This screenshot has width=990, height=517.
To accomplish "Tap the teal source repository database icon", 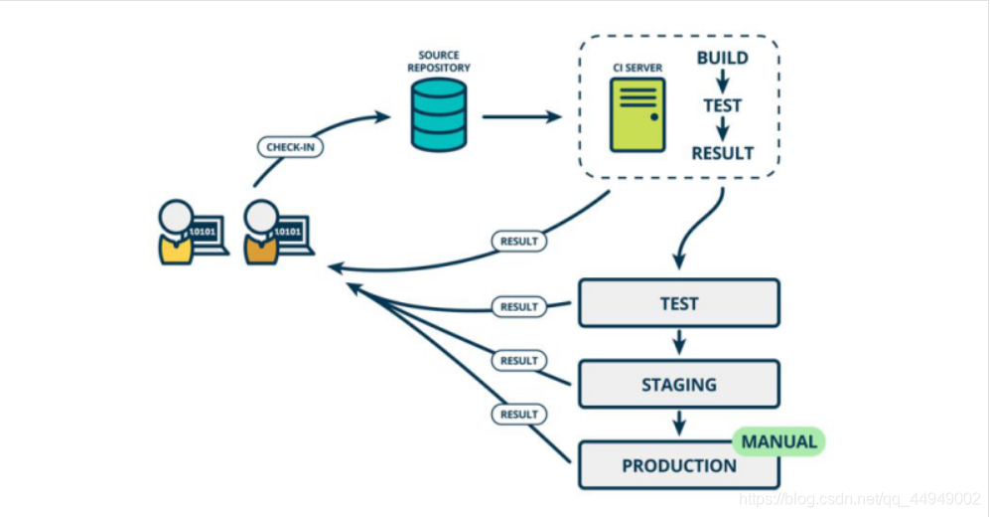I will point(438,114).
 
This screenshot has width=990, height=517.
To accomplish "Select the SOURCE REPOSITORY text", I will point(438,61).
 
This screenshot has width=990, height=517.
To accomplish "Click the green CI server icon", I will point(637,115).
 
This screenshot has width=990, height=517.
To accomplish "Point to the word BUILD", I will point(723,59).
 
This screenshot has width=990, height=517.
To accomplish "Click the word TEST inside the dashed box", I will point(723,105).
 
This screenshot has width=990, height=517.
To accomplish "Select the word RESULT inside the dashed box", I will point(723,153).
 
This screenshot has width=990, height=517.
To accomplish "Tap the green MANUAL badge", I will point(779,441).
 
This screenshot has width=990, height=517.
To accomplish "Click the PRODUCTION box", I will point(679,465).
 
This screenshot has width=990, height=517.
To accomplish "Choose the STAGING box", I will point(679,384).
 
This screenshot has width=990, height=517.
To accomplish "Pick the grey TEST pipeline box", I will point(679,303).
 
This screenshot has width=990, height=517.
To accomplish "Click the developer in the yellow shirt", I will point(177,233).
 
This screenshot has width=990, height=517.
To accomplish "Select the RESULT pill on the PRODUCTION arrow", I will point(518,415).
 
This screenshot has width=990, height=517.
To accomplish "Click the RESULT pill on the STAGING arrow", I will point(518,361).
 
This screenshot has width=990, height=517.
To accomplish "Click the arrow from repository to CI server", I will point(522,116).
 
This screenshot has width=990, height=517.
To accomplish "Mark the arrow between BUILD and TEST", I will point(723,82).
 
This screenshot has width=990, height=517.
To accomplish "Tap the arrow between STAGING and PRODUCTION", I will point(679,424).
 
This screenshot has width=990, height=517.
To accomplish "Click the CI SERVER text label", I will point(637,68).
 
